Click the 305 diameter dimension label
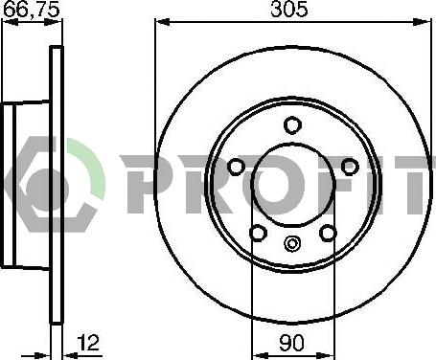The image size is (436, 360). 289,10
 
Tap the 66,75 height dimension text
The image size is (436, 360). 32,10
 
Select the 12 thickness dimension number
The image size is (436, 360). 88,343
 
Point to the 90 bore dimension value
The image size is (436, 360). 292,343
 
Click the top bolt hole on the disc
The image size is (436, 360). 292,125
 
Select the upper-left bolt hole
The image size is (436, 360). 237,167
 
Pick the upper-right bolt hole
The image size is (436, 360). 350,167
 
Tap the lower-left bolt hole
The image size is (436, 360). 258,233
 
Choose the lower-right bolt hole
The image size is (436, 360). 328,233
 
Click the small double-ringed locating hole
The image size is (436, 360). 292,244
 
